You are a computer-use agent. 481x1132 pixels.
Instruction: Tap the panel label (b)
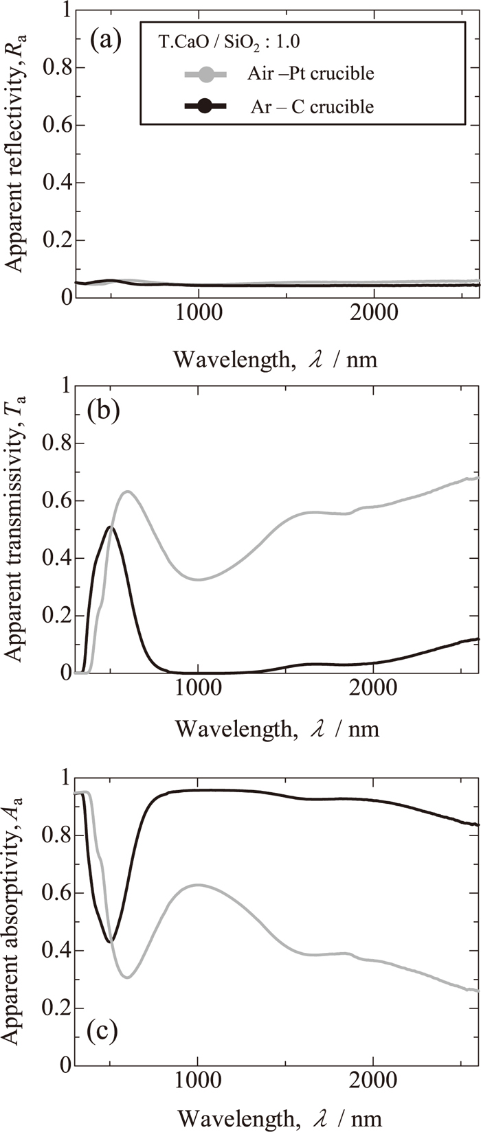(105, 412)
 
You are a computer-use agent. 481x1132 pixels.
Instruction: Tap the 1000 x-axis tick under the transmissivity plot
(198, 689)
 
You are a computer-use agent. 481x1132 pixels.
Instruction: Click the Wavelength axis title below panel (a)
(275, 358)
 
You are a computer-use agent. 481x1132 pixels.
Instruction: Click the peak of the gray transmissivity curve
(128, 491)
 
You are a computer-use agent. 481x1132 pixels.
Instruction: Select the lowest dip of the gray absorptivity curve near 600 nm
(127, 977)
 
